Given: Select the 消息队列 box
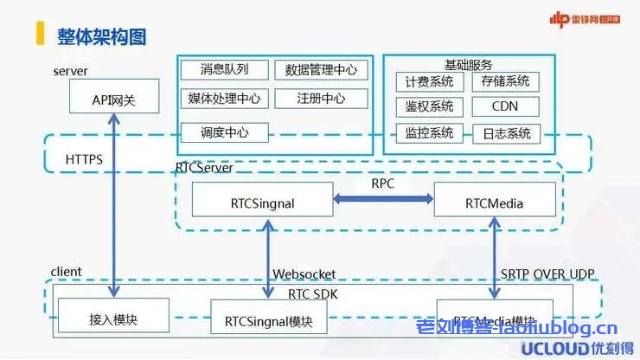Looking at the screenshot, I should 223,70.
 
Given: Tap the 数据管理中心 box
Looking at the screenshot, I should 320,70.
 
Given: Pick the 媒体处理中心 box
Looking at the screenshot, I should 223,99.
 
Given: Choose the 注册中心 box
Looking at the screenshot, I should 320,99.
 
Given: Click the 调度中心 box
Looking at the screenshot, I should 223,133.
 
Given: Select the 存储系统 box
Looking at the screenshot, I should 506,82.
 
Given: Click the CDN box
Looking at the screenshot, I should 506,107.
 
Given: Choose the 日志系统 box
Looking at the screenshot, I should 506,133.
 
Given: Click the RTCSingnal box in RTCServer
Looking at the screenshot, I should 262,203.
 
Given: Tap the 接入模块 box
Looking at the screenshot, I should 113,319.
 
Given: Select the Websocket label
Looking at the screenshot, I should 304,274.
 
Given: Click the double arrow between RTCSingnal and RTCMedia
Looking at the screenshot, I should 383,200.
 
